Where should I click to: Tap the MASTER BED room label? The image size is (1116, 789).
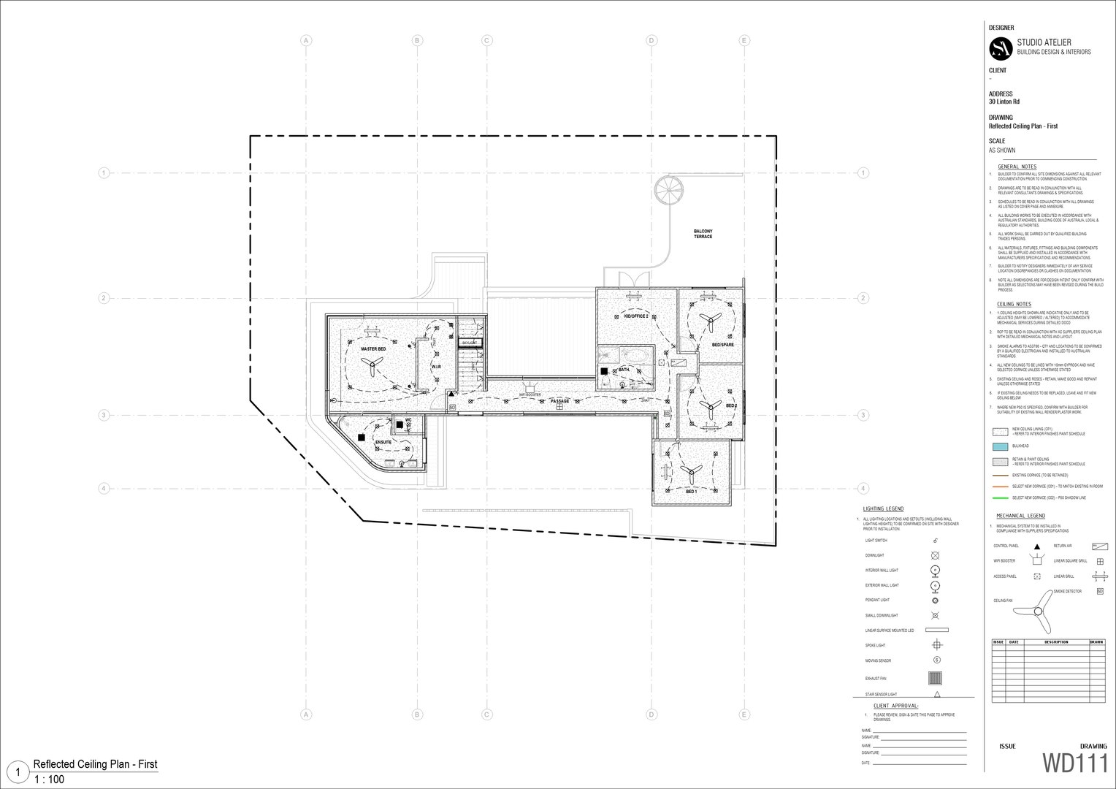373,349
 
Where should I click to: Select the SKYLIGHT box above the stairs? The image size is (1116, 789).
469,343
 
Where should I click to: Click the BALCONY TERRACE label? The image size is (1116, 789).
703,234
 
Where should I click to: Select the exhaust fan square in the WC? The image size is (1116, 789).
400,424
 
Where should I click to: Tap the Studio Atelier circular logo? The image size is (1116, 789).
1001,49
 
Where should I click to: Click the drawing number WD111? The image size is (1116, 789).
1074,763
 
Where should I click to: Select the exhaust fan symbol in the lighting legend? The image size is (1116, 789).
936,678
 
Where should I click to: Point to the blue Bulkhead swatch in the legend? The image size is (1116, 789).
1000,446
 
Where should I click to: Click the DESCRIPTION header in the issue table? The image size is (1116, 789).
1055,642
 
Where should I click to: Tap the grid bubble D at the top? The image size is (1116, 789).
651,41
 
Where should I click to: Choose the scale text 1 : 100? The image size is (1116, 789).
49,780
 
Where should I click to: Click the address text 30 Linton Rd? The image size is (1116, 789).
1004,102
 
